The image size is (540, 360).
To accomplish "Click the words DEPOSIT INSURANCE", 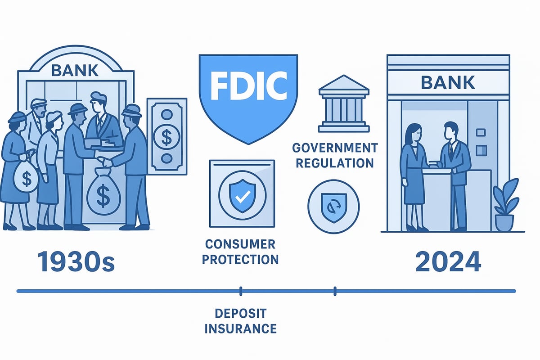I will pyautogui.click(x=241, y=320).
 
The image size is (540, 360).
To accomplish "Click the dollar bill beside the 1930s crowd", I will pyautogui.click(x=166, y=136).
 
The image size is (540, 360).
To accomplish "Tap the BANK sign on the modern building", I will pyautogui.click(x=448, y=82).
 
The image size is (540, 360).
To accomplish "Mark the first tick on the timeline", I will pyautogui.click(x=241, y=291).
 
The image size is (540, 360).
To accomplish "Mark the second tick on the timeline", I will pyautogui.click(x=335, y=291).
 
